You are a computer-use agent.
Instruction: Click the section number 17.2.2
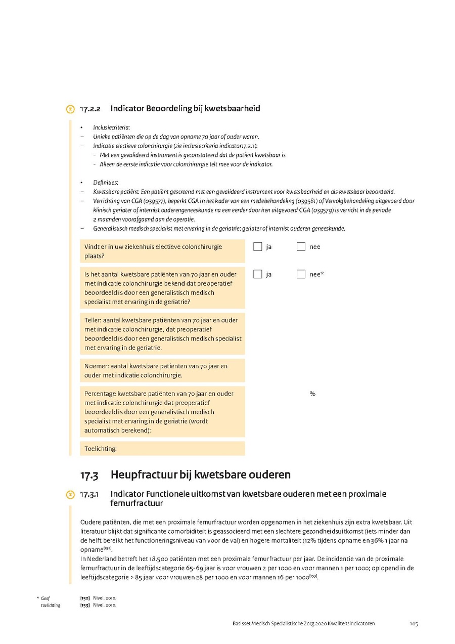pos(90,109)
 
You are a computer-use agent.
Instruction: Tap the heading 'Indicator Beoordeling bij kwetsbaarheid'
pos(185,108)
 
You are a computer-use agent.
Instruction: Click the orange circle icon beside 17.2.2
pos(70,109)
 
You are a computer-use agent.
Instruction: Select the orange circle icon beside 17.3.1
pos(70,495)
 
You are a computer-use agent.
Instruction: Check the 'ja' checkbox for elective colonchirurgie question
pos(258,247)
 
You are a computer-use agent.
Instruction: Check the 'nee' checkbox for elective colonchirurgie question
pos(301,247)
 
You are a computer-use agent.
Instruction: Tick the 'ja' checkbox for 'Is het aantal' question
pos(258,274)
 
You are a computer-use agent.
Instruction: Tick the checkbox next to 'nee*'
pos(301,274)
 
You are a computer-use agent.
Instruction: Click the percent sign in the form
pos(312,394)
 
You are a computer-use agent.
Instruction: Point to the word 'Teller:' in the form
pos(94,320)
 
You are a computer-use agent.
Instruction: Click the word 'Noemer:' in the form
pos(96,366)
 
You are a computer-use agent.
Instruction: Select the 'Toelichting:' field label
pos(101,448)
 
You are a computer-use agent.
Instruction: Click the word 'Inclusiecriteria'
pos(111,127)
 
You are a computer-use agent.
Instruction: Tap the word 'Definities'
pos(105,183)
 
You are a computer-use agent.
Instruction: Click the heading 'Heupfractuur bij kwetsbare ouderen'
pos(200,475)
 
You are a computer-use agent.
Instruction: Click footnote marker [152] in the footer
pos(85,598)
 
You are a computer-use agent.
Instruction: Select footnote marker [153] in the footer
pos(85,605)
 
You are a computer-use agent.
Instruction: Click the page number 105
pos(414,624)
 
